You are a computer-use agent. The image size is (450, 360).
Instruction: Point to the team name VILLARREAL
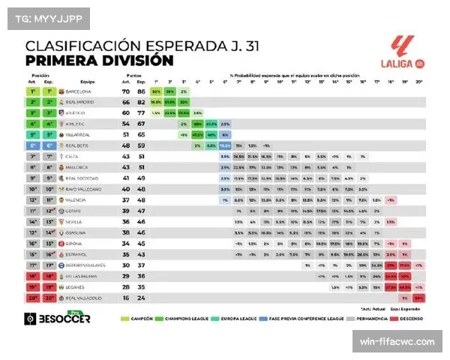click(80, 134)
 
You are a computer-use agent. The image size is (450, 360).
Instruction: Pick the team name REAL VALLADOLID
click(85, 298)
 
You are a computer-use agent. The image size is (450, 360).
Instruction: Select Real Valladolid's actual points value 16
click(127, 298)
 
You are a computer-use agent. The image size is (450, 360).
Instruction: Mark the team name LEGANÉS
click(77, 286)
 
